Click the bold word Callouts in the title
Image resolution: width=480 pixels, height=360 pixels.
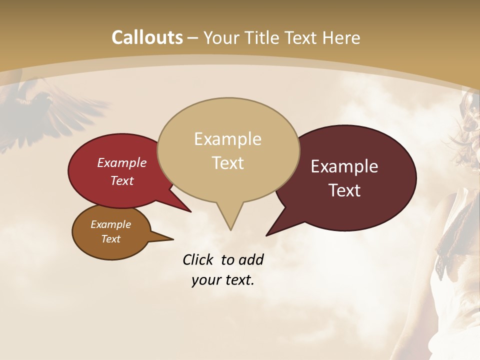point(147,38)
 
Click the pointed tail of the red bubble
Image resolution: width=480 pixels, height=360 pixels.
point(190,211)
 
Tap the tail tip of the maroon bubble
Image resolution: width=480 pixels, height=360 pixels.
point(266,235)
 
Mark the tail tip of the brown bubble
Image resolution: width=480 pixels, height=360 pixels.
point(173,239)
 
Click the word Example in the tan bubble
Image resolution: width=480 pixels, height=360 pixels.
point(227,138)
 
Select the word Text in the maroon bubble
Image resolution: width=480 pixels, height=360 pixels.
point(345,190)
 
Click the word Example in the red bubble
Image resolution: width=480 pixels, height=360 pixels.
point(122,162)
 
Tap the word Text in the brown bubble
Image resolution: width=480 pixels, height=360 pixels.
point(111,239)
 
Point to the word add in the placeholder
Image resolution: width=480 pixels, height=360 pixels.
point(251,259)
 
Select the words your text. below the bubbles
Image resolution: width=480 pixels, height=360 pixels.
point(223,279)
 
